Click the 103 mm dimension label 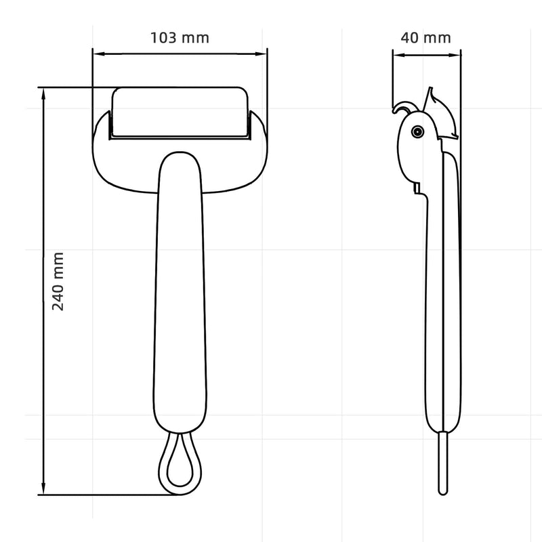[180, 38]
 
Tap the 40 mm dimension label [426, 38]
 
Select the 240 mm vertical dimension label [58, 281]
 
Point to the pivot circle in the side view [417, 131]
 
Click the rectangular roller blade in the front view [180, 112]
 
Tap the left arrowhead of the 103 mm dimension [99, 54]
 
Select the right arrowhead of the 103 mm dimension [261, 54]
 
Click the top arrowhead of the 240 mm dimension [43, 94]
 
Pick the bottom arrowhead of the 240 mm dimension [43, 488]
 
